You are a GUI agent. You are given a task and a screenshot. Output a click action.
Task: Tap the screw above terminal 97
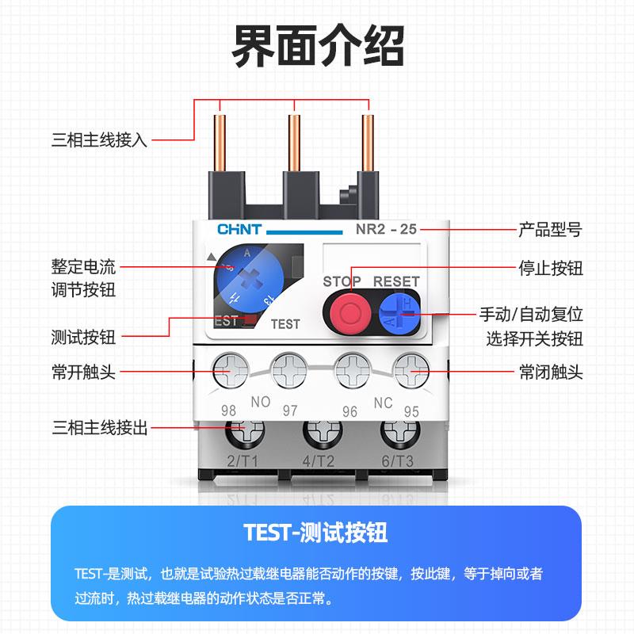pyautogui.click(x=289, y=370)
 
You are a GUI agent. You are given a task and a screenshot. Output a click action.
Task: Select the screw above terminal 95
pyautogui.click(x=411, y=370)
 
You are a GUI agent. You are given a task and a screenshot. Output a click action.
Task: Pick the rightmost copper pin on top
pyautogui.click(x=368, y=143)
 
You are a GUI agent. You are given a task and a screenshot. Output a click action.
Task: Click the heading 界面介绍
pyautogui.click(x=317, y=46)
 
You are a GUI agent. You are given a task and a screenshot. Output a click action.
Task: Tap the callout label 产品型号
pyautogui.click(x=550, y=230)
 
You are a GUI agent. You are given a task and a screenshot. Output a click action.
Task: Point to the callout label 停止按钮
pyautogui.click(x=550, y=268)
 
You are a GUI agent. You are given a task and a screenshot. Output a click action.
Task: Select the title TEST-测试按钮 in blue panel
pyautogui.click(x=316, y=532)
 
